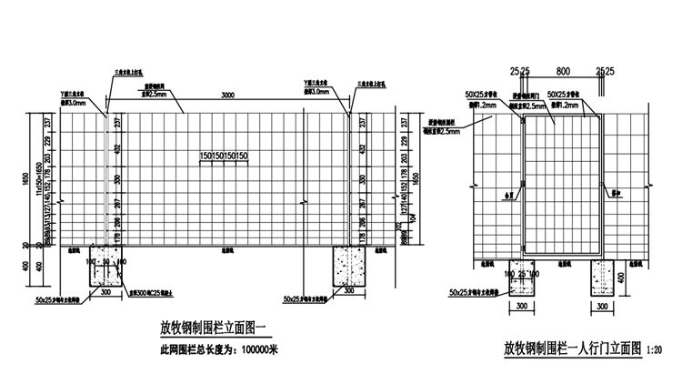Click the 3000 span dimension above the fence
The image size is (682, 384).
tap(227, 95)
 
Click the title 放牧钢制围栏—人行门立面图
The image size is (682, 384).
tap(573, 349)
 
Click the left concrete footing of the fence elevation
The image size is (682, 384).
tap(108, 266)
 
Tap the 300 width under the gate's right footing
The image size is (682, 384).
tap(604, 308)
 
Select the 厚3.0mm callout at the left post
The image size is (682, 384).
tap(75, 103)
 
